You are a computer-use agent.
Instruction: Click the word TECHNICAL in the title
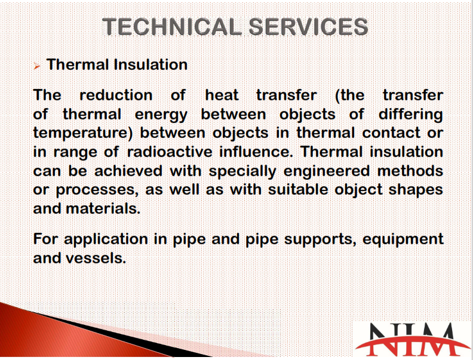point(172,26)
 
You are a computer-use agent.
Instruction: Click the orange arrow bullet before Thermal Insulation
point(37,66)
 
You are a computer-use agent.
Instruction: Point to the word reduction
point(116,96)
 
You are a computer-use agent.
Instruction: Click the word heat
point(222,96)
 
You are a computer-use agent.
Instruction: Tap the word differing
point(410,115)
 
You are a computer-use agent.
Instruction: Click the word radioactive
point(170,152)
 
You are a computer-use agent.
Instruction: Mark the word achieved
point(128,171)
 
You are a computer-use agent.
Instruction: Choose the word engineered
point(327,171)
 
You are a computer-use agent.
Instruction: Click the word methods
point(410,171)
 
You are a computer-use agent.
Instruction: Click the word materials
point(103,208)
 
